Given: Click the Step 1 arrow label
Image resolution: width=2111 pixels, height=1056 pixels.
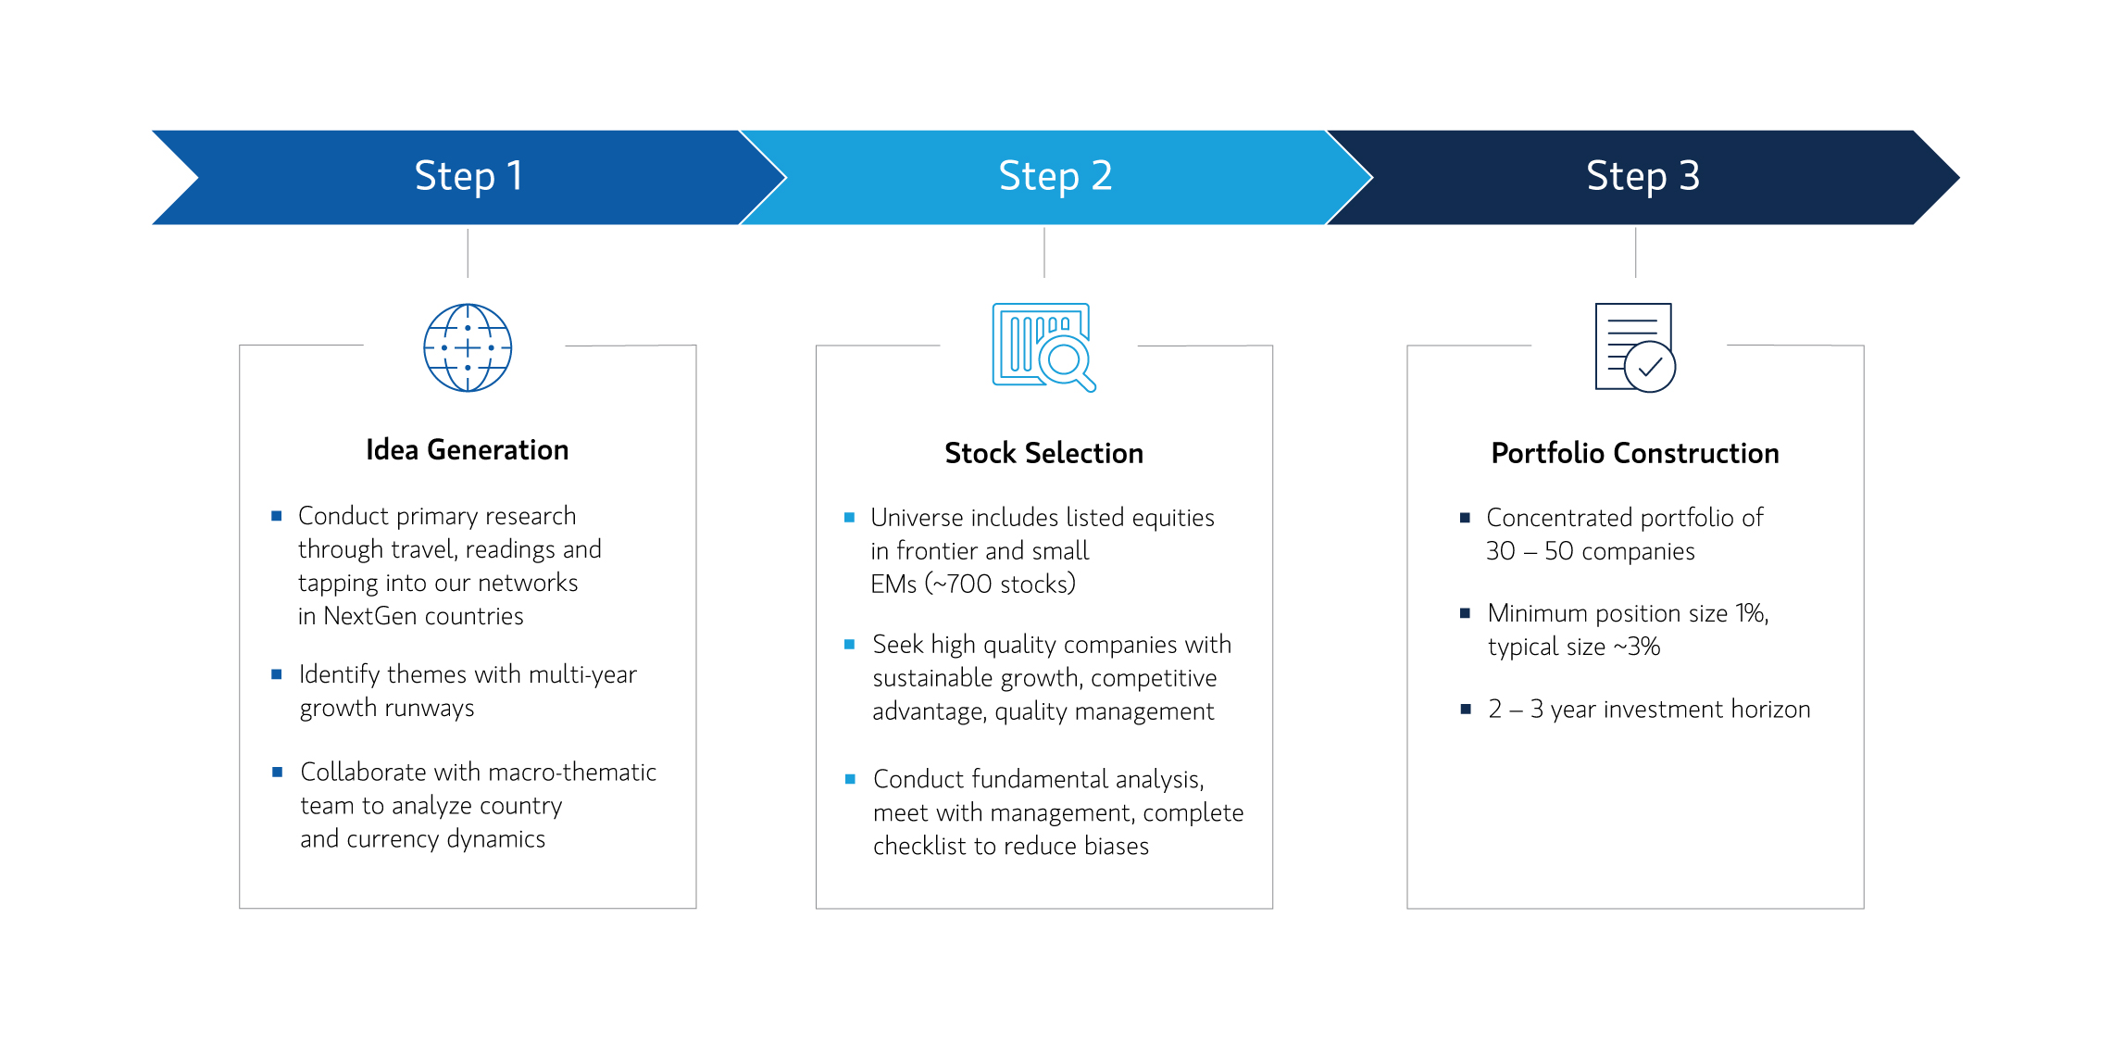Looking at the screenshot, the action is [468, 176].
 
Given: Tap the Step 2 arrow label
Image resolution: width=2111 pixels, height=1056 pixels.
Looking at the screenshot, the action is [1055, 176].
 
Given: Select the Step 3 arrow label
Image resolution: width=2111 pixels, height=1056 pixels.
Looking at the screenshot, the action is [1643, 176].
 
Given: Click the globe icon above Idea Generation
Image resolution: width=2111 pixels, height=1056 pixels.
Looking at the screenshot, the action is [468, 347].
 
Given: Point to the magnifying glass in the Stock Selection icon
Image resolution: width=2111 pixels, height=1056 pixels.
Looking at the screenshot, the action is [1068, 362].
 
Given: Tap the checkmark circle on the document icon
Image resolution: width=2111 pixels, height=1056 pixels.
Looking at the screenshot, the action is [1650, 367].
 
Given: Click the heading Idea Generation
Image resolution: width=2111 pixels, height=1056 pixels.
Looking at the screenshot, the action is [468, 450].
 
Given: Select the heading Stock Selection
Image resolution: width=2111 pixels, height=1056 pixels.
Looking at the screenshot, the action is [1044, 453].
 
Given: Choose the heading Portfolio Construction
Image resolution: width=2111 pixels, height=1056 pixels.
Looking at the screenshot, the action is [1635, 453].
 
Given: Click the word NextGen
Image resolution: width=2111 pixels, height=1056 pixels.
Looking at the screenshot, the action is [368, 616].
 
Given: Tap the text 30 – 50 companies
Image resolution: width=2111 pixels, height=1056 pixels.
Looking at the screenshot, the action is [1591, 551].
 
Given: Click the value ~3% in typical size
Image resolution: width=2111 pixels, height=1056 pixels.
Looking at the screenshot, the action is [1637, 647].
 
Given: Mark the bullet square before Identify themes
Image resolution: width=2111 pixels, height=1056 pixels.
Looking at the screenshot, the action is [276, 674].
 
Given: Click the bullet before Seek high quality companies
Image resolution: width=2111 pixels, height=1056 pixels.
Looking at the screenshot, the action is [849, 644].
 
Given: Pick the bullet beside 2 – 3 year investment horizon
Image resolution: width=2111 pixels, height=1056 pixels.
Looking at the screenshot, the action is [1466, 710].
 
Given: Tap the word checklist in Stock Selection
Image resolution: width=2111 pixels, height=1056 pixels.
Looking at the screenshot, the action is [918, 846].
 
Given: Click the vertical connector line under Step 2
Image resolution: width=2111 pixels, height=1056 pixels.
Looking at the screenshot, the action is [1044, 253].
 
